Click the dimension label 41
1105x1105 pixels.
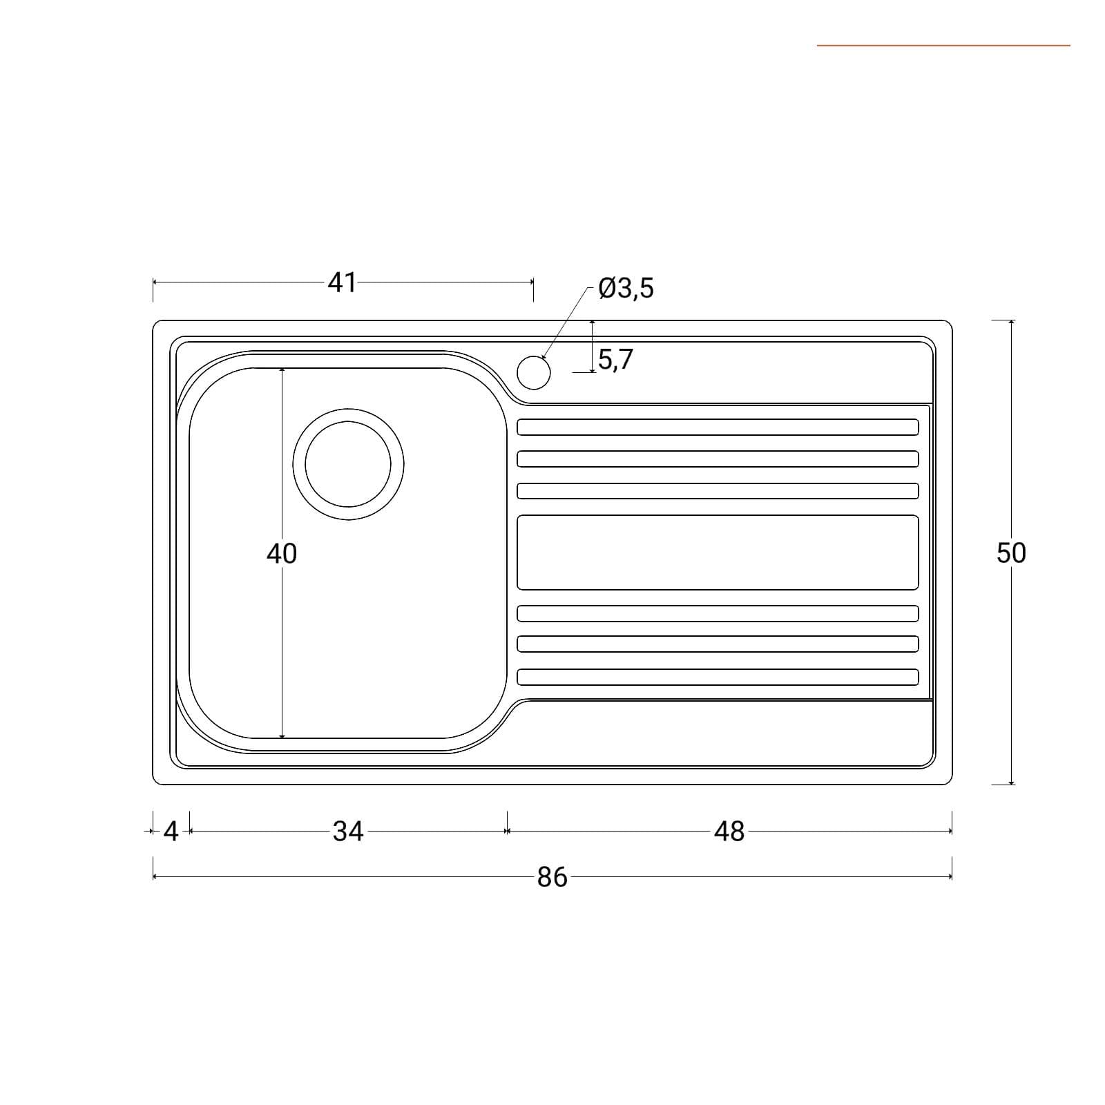click(x=342, y=282)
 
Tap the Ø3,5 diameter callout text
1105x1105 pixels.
click(x=626, y=288)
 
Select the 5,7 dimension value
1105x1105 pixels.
click(x=615, y=360)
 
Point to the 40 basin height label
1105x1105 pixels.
click(x=282, y=553)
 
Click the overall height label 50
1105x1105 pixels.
click(x=1011, y=552)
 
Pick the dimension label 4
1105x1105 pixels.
click(x=171, y=832)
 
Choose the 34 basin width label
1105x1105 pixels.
click(x=348, y=832)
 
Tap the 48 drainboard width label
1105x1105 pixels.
click(x=729, y=832)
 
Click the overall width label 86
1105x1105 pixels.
click(x=552, y=877)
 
